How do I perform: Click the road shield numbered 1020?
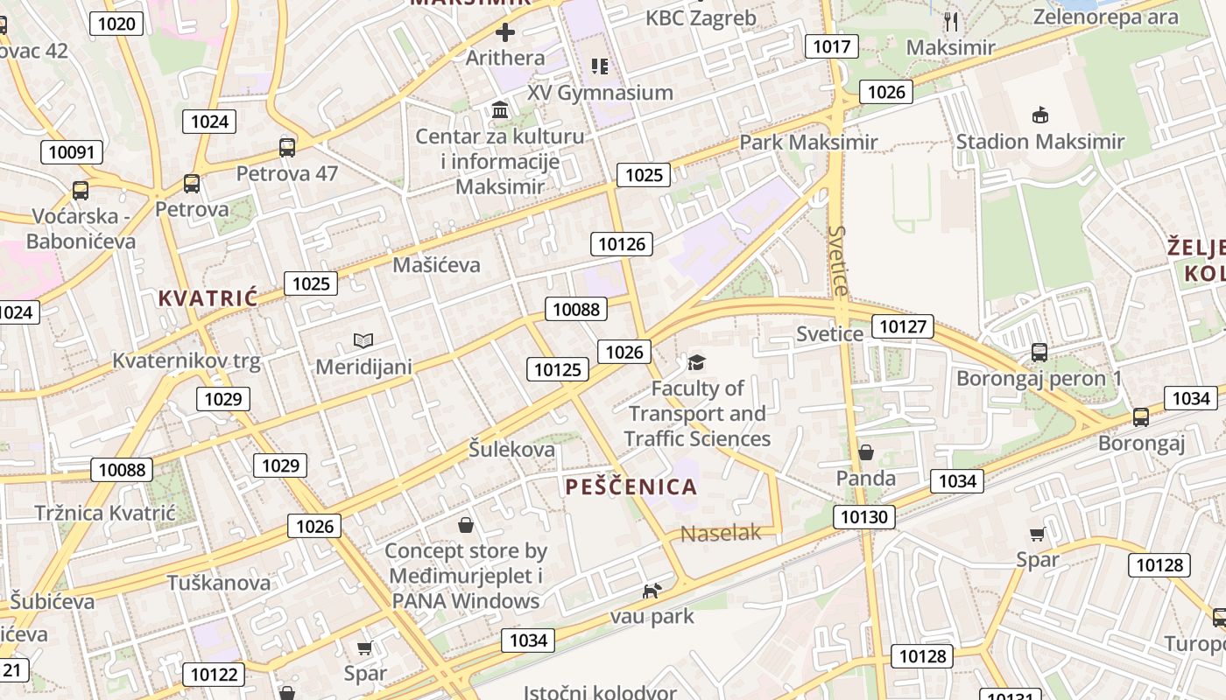click(x=116, y=24)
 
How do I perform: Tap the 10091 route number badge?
click(x=72, y=152)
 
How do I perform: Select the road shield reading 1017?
click(x=831, y=46)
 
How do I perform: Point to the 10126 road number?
click(x=622, y=244)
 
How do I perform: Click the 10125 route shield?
click(x=558, y=369)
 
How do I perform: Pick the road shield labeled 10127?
click(x=903, y=327)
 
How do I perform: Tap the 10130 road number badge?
click(x=864, y=517)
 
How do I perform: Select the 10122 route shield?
click(x=214, y=674)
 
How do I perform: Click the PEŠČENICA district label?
click(x=631, y=487)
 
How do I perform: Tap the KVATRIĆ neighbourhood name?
click(x=208, y=298)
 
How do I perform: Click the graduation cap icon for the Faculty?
click(x=696, y=362)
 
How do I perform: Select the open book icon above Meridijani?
click(x=363, y=339)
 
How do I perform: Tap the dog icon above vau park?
click(x=652, y=591)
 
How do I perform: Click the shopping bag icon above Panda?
click(x=865, y=452)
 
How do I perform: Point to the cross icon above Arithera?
click(x=505, y=33)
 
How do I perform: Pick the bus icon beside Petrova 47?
click(x=286, y=147)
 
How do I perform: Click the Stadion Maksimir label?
click(x=1039, y=142)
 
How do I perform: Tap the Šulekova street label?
click(x=511, y=450)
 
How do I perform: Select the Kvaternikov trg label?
click(x=187, y=360)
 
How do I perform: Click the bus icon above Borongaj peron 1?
click(x=1039, y=353)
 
